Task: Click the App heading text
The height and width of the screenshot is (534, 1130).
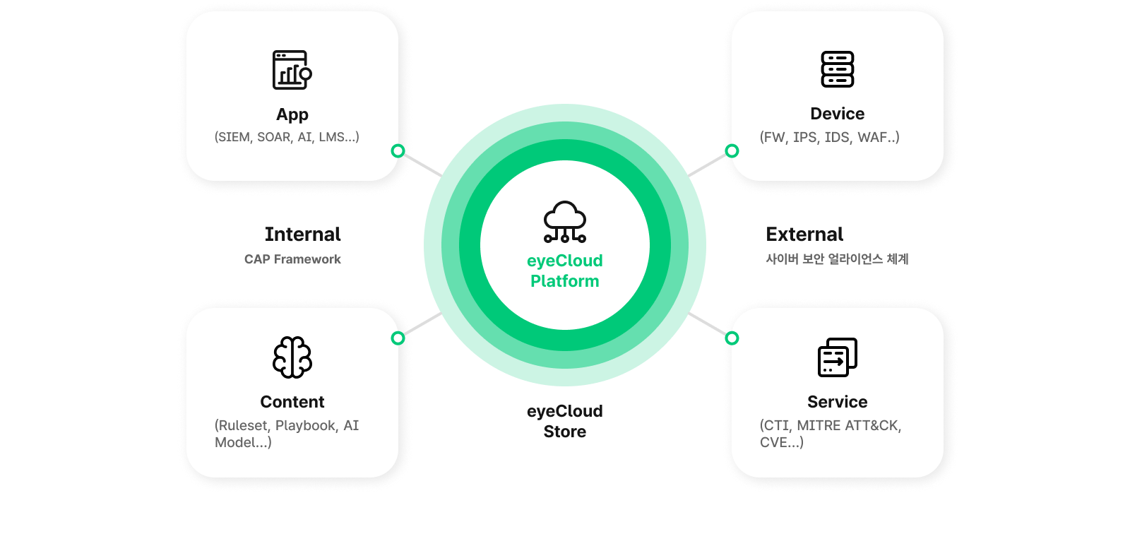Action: (292, 114)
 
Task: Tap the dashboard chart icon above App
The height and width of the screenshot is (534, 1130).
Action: (292, 70)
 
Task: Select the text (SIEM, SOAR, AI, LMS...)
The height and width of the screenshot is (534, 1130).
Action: (287, 137)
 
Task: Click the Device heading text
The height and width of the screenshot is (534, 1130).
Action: (838, 114)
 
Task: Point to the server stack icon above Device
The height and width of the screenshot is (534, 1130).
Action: (838, 69)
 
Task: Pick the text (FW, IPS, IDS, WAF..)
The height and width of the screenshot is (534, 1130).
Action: (830, 137)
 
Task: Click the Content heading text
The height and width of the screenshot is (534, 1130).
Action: (292, 402)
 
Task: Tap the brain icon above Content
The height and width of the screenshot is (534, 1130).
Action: (292, 357)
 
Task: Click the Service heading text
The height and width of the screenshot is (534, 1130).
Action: (838, 402)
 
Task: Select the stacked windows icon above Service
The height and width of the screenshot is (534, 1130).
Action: (838, 357)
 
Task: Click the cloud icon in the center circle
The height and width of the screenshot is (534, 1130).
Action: (565, 222)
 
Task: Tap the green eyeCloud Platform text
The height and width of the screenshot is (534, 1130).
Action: (565, 271)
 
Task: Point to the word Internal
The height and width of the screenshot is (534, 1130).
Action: (303, 234)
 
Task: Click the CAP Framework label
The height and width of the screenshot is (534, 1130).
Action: (292, 259)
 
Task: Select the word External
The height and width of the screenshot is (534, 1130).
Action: (804, 234)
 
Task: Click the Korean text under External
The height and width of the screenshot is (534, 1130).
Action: (837, 259)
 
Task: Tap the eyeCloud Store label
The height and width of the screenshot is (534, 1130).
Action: (565, 421)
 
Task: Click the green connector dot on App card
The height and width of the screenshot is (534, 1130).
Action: (398, 150)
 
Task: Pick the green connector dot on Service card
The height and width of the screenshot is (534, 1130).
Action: (732, 338)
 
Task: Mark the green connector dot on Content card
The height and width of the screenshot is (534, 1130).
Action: (398, 338)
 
